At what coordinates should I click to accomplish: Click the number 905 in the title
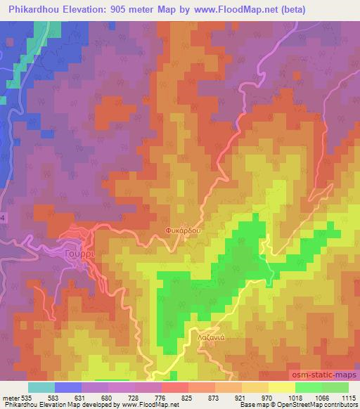[x=126, y=8]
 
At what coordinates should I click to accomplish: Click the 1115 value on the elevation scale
[x=348, y=397]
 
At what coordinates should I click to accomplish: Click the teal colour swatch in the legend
[x=41, y=387]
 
